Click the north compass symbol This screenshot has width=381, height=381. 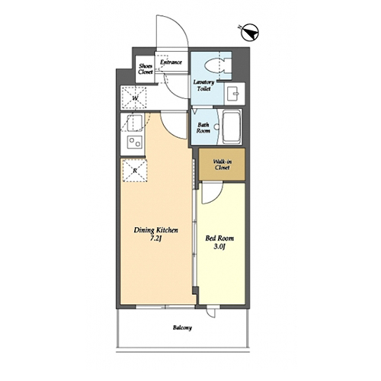click(x=250, y=32)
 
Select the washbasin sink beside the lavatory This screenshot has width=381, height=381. click(x=233, y=94)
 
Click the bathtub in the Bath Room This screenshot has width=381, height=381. click(x=232, y=127)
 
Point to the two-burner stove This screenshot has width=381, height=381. click(x=135, y=142)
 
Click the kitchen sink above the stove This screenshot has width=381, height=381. click(x=135, y=123)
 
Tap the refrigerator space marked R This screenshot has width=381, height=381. click(x=135, y=170)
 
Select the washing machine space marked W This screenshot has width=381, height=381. click(x=134, y=98)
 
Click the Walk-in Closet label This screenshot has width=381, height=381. click(x=223, y=165)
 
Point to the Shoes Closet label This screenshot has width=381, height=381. click(x=146, y=69)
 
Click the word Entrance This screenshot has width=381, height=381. click(x=171, y=62)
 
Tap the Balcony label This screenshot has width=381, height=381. click(x=182, y=328)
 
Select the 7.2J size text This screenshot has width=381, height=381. click(x=156, y=239)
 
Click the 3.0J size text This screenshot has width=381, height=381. click(x=219, y=246)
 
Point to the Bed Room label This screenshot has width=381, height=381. click(x=219, y=239)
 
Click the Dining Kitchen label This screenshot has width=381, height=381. click(x=156, y=230)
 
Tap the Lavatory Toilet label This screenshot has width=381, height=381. click(x=203, y=85)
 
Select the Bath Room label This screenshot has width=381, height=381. click(x=203, y=128)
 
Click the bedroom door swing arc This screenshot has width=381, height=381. click(x=216, y=197)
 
